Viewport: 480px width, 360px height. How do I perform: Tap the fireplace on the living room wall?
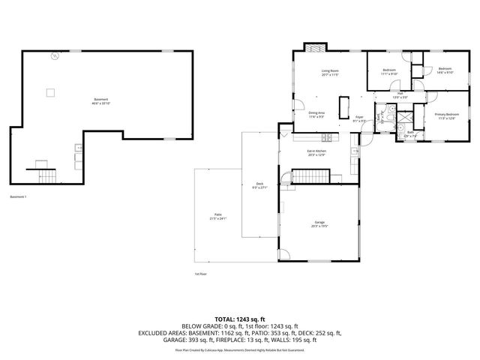pos(313,46)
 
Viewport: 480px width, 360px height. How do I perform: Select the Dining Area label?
pos(316,115)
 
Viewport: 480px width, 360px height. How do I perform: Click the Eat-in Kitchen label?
pos(316,153)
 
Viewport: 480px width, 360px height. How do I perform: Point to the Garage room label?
pos(319,223)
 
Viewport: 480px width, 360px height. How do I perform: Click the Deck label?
pos(259,186)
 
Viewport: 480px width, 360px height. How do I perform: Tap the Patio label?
pos(217,217)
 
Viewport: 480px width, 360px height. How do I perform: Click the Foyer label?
pos(359,117)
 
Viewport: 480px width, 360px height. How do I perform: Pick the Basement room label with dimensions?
pos(100,100)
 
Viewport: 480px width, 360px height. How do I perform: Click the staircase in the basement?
pos(47,175)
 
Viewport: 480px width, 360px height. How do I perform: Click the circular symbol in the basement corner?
pos(54,56)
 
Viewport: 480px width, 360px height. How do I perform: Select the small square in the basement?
pos(50,92)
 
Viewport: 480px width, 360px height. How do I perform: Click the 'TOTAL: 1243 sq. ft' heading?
pos(240,319)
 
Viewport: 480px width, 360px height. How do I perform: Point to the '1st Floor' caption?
pos(201,274)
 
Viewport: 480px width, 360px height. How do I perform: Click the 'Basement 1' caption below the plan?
pos(18,196)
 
